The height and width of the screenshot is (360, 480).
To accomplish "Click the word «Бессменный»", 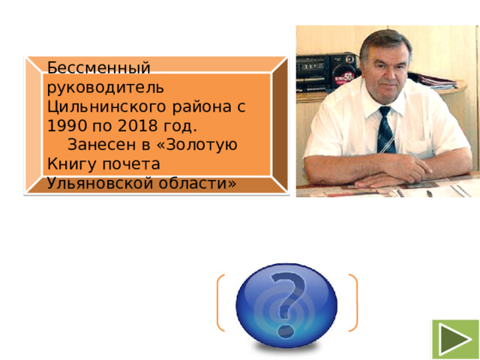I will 98,67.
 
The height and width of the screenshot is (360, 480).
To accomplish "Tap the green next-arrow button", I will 454,339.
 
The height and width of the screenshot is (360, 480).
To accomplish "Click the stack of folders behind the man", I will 439,78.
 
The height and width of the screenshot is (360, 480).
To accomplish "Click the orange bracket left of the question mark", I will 220,303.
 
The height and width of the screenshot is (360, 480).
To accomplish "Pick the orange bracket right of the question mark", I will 353,303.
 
